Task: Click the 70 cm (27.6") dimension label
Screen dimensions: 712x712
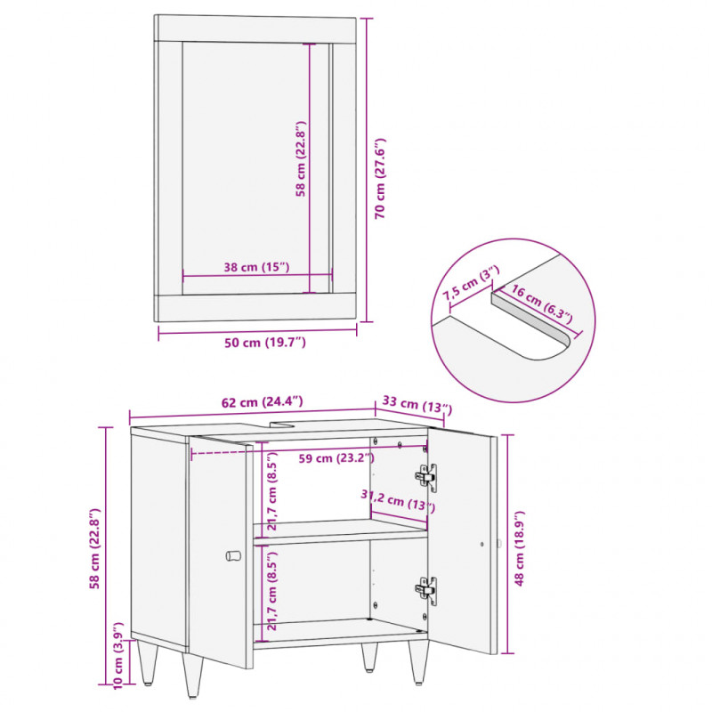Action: pyautogui.click(x=380, y=179)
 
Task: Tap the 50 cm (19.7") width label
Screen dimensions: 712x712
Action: pyautogui.click(x=264, y=343)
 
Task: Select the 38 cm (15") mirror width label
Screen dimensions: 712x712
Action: pyautogui.click(x=256, y=267)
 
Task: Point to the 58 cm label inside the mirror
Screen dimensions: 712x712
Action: pyautogui.click(x=301, y=158)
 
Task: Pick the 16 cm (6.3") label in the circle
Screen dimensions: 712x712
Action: pyautogui.click(x=542, y=304)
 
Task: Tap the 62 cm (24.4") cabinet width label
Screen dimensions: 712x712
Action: pyautogui.click(x=262, y=402)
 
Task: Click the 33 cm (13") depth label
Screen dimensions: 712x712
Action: pyautogui.click(x=417, y=404)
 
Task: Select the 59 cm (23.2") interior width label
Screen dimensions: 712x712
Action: pyautogui.click(x=336, y=458)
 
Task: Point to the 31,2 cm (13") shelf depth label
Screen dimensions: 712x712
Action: pyautogui.click(x=398, y=501)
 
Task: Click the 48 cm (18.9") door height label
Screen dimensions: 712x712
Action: pyautogui.click(x=519, y=548)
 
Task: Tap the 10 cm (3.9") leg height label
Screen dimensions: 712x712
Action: pyautogui.click(x=117, y=655)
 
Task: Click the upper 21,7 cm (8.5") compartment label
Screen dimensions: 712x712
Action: pyautogui.click(x=271, y=491)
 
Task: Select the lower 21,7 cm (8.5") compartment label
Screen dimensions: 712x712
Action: pyautogui.click(x=271, y=591)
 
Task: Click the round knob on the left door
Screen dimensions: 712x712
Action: pyautogui.click(x=233, y=555)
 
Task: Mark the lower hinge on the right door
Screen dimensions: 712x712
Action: pyautogui.click(x=426, y=590)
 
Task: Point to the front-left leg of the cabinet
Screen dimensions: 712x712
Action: pyautogui.click(x=193, y=675)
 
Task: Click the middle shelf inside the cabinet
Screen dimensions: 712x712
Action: pyautogui.click(x=341, y=531)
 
